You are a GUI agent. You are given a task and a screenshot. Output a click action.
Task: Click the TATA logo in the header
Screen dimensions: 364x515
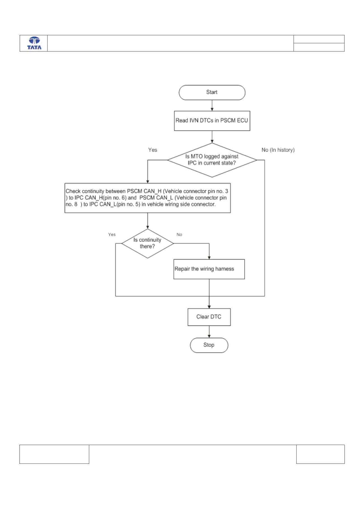34,43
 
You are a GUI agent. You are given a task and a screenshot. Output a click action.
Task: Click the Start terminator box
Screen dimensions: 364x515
212,92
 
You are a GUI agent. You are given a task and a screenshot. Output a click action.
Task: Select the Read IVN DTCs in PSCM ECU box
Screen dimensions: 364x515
212,121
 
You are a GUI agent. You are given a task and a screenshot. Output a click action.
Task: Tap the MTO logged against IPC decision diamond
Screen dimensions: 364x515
212,160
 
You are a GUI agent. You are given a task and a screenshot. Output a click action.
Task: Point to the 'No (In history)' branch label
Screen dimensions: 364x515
278,150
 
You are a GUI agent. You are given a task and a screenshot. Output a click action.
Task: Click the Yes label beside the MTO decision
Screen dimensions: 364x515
152,150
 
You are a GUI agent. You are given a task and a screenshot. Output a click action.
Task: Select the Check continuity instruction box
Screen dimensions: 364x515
147,198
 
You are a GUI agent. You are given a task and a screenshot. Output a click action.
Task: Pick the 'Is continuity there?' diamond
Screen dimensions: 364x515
147,244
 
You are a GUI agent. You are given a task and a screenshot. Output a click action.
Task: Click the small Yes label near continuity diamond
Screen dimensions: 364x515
112,235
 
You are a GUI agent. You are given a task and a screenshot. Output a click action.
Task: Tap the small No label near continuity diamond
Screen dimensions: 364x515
179,235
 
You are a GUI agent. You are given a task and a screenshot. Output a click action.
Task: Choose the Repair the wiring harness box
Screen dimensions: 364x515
209,269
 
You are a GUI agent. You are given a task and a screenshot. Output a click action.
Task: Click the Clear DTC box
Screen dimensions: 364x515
209,317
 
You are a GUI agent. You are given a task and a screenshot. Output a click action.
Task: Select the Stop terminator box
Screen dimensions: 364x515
209,345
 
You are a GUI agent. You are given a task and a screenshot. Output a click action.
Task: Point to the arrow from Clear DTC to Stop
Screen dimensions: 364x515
209,332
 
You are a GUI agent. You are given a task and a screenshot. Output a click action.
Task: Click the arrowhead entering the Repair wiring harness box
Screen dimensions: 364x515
209,257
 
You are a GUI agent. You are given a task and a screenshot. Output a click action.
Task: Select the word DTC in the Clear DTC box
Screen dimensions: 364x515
216,317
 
